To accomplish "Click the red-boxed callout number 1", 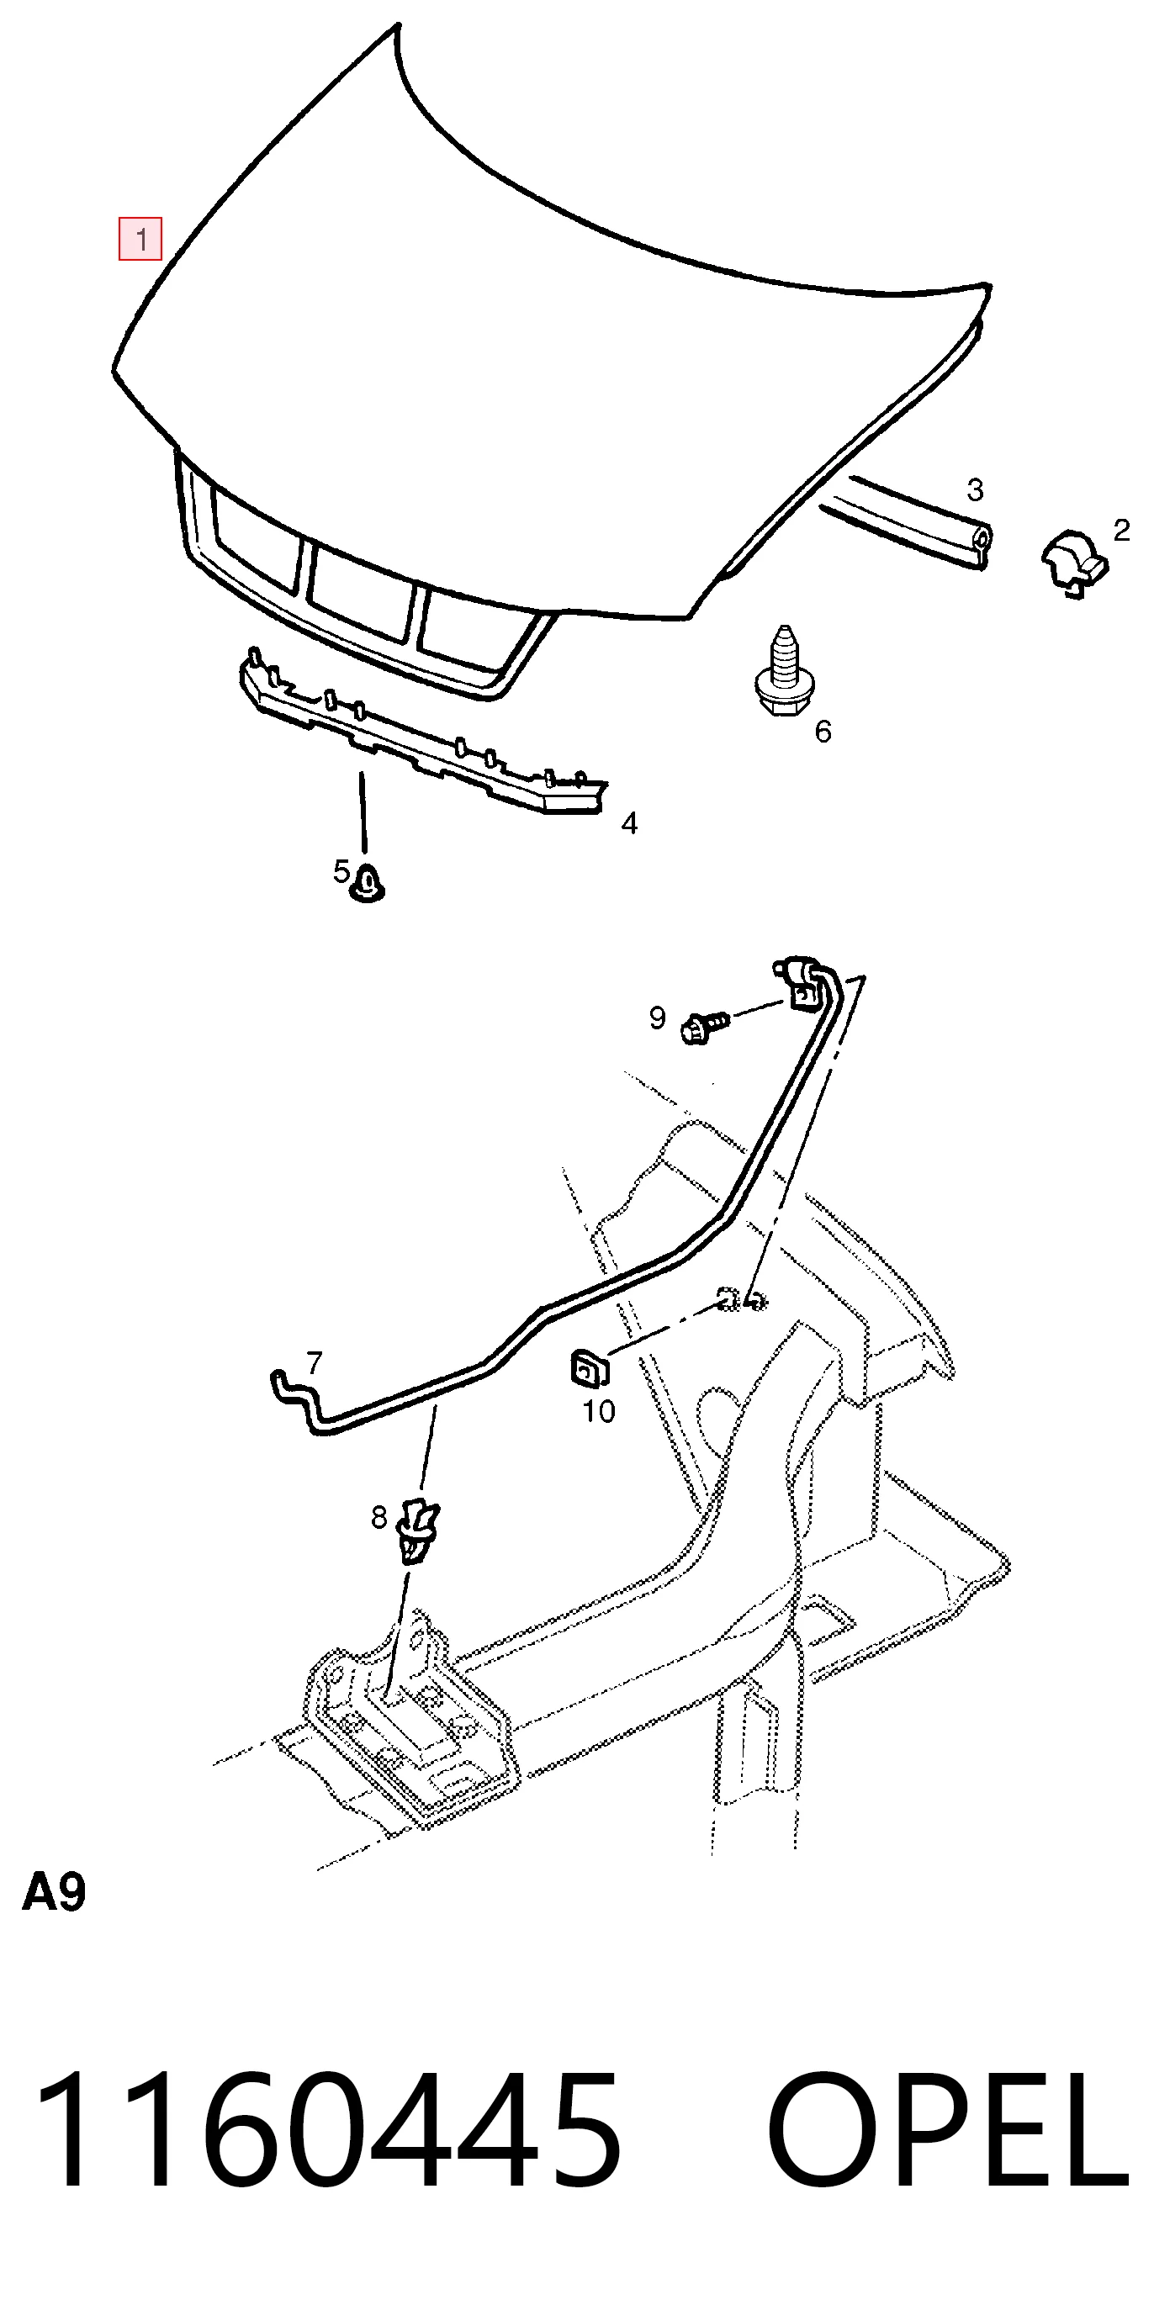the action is click(140, 240).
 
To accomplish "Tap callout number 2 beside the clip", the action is click(1121, 530).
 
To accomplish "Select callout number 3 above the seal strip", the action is click(975, 490).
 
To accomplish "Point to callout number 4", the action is click(630, 822).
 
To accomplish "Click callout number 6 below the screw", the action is click(823, 731).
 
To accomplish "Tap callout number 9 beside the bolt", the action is click(658, 1018).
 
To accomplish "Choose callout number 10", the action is click(599, 1411).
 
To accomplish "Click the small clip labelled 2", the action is click(1075, 565).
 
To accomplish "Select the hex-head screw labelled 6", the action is click(781, 674).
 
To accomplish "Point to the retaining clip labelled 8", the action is click(417, 1529).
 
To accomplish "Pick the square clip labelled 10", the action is click(589, 1370).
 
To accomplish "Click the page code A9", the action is click(54, 1892).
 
